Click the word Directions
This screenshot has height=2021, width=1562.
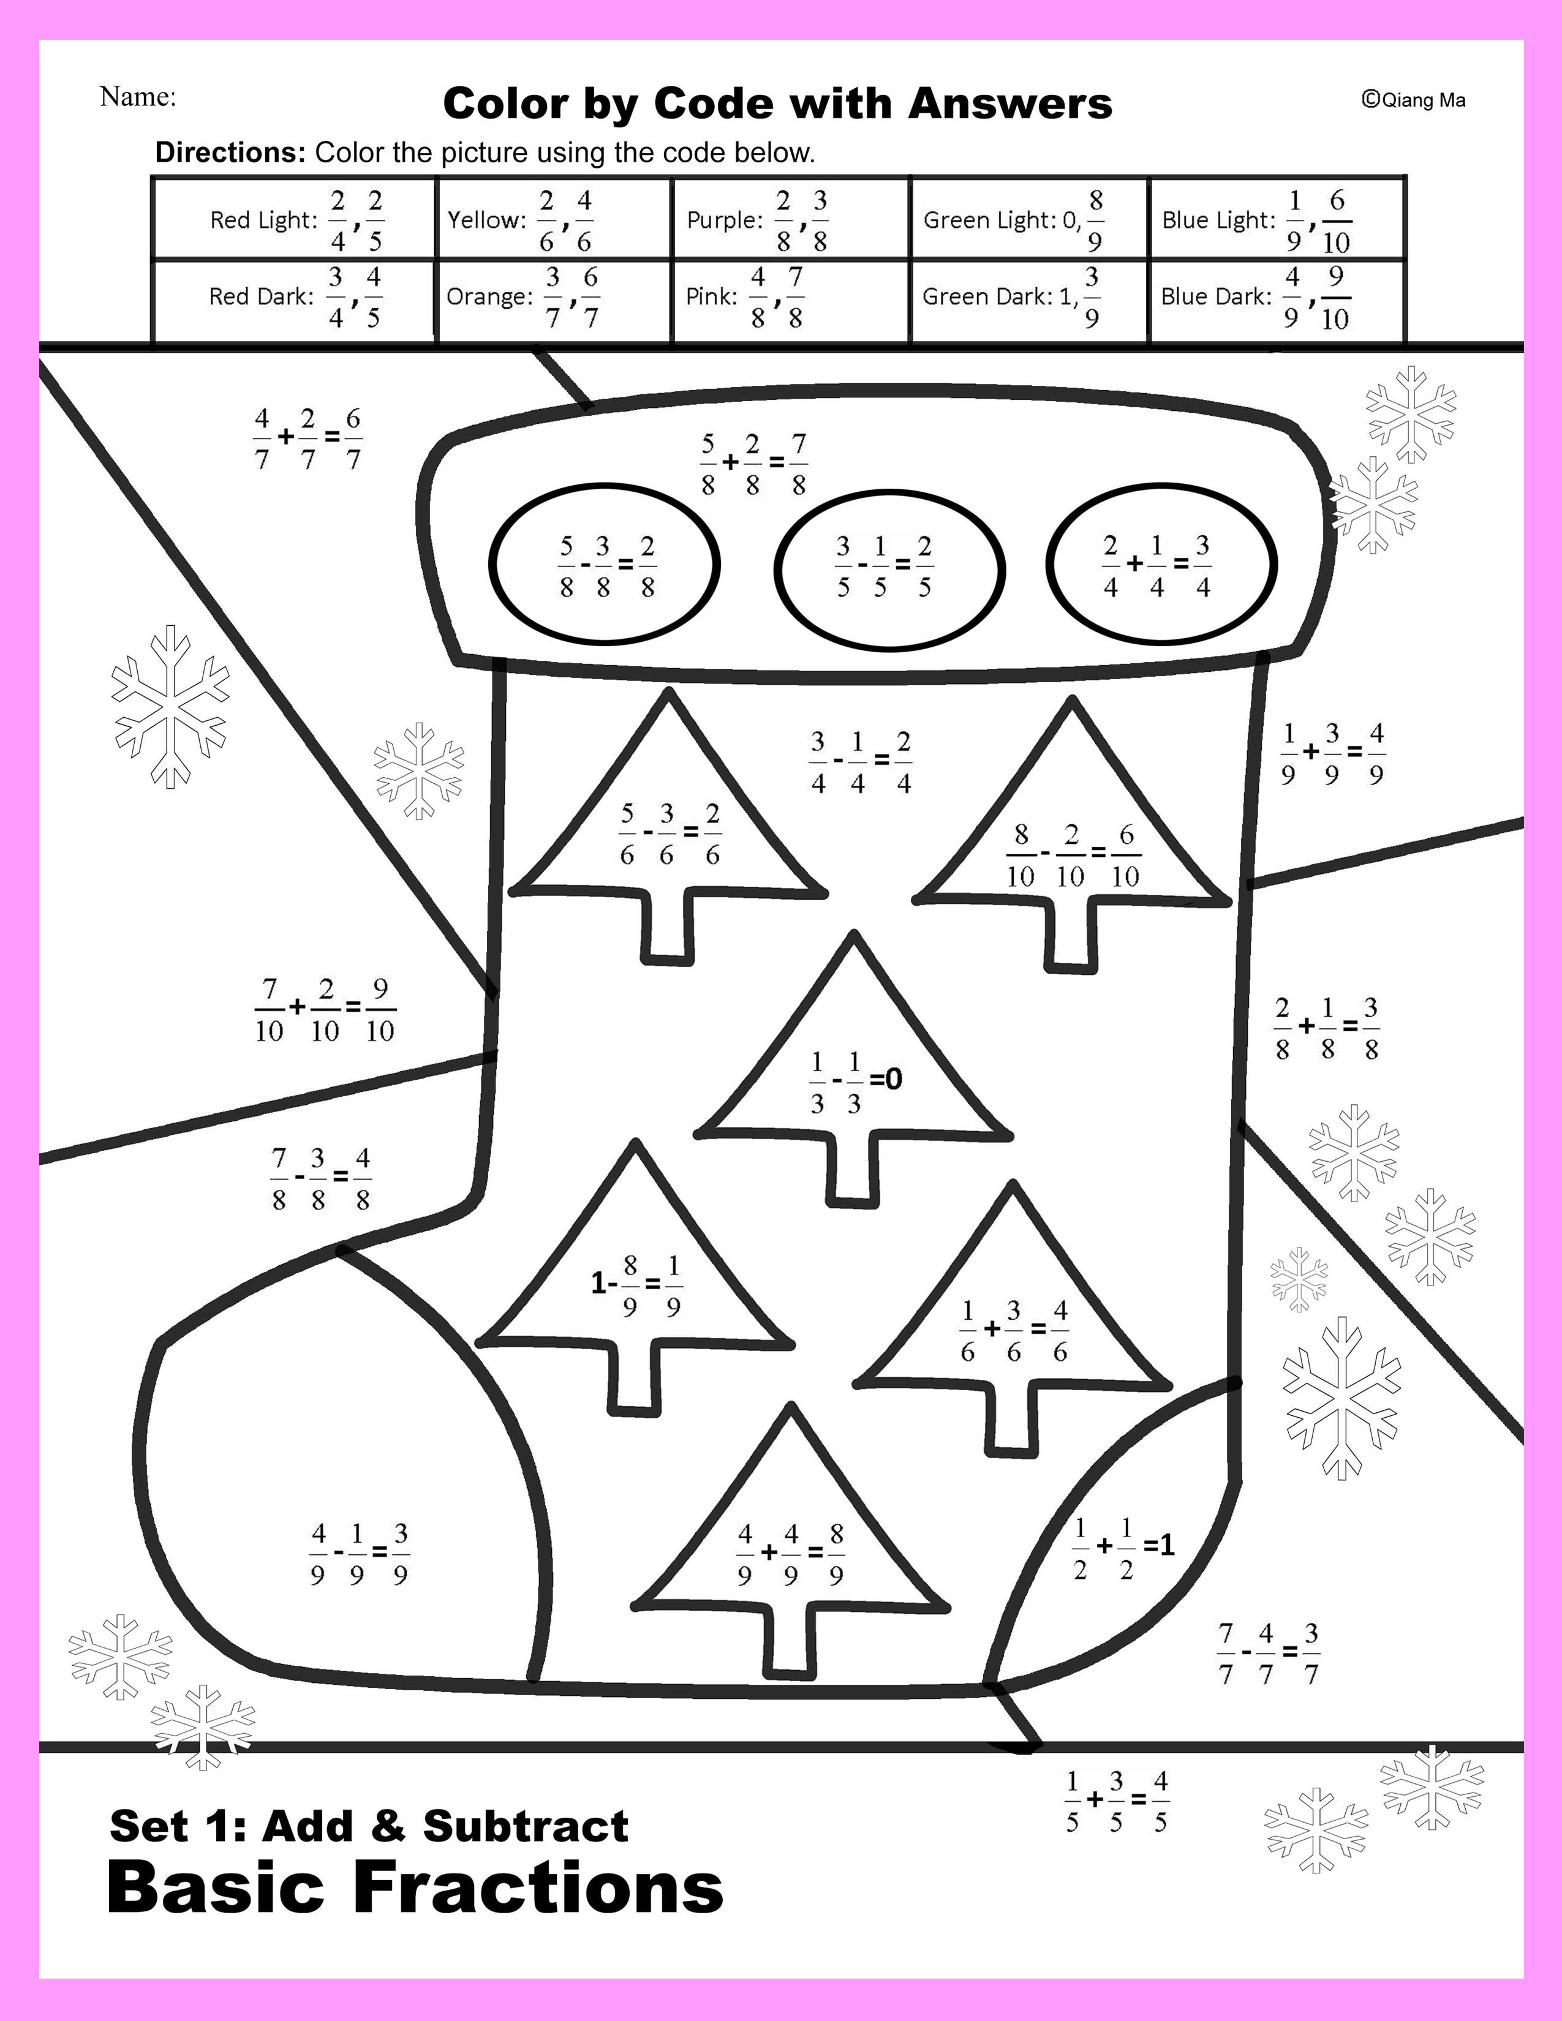pyautogui.click(x=230, y=152)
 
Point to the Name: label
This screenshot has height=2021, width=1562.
pyautogui.click(x=138, y=96)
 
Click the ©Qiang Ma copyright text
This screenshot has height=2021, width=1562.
pyautogui.click(x=1413, y=100)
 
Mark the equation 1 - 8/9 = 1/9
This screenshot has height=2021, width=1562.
pyautogui.click(x=638, y=1285)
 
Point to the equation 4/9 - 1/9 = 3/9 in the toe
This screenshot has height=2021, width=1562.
pyautogui.click(x=359, y=1554)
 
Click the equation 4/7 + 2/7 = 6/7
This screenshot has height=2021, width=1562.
pyautogui.click(x=308, y=438)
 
